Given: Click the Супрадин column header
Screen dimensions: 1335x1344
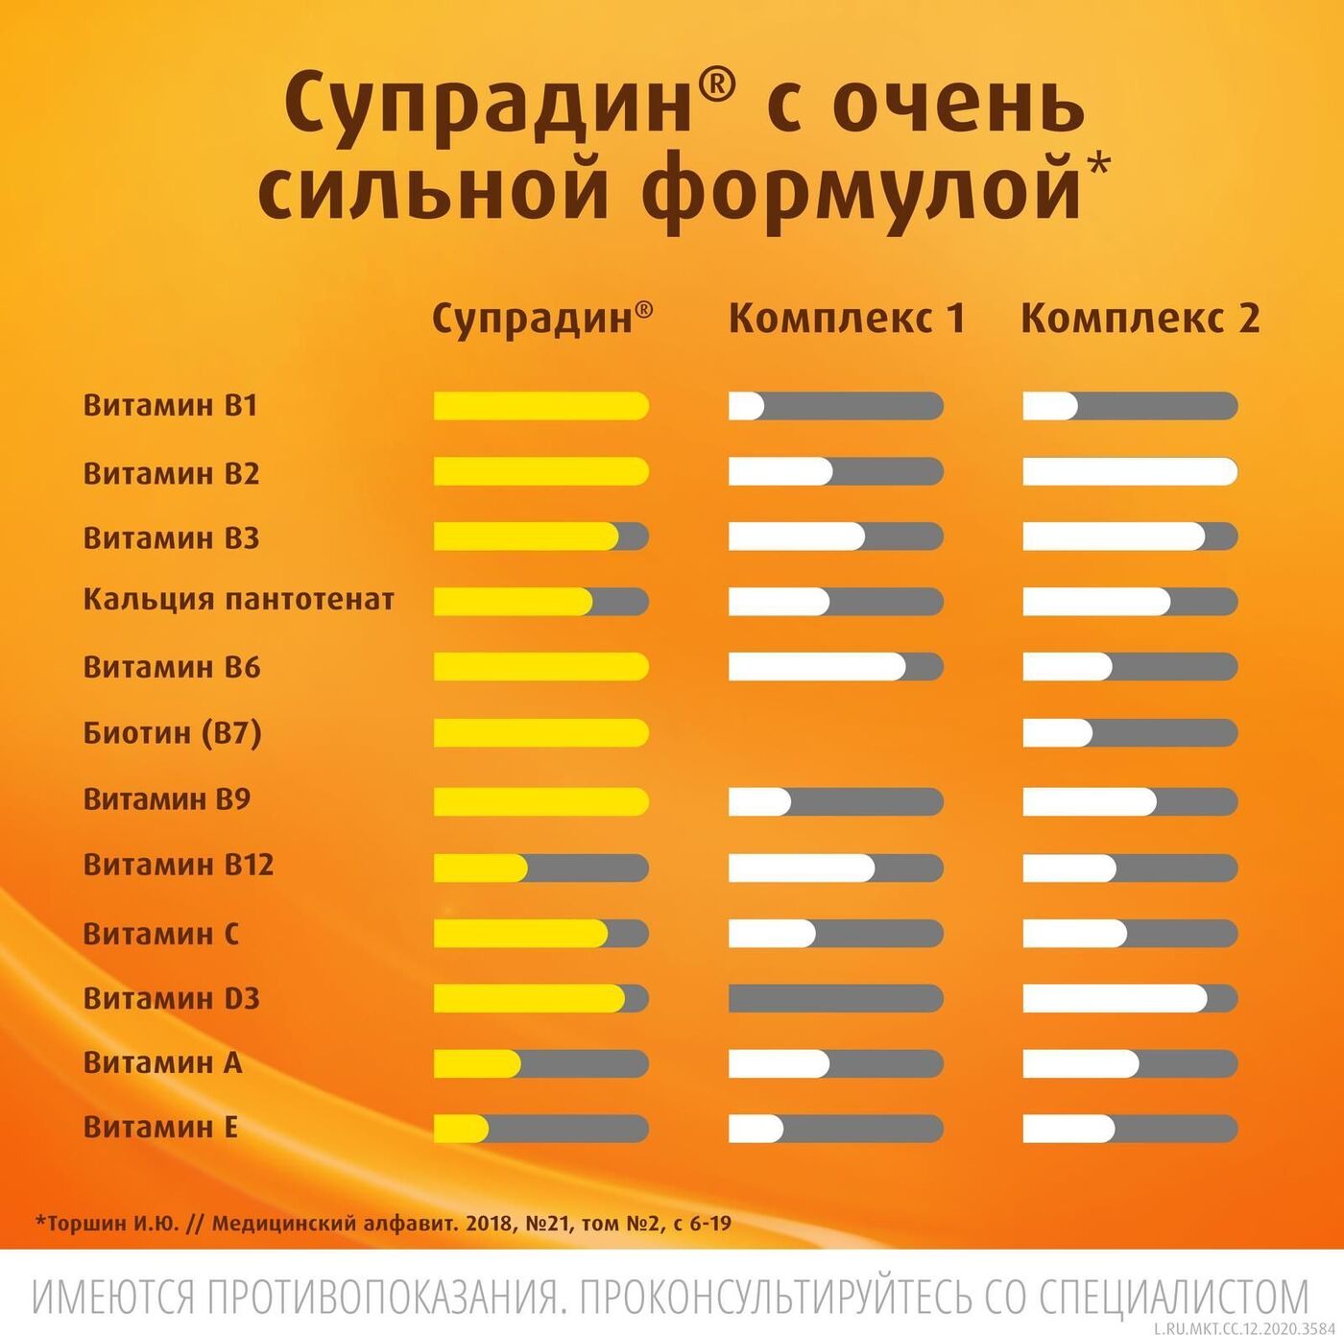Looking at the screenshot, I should [x=542, y=318].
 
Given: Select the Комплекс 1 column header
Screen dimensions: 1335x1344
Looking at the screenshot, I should [x=847, y=318].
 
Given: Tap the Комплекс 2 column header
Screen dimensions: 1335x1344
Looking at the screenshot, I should [x=1140, y=318].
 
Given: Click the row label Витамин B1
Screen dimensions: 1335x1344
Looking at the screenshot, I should [x=171, y=405].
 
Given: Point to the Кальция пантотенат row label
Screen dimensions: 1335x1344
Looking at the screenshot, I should [x=239, y=600].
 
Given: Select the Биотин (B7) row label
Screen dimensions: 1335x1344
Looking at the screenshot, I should [x=173, y=733].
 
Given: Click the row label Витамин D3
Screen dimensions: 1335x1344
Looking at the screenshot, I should [x=172, y=998].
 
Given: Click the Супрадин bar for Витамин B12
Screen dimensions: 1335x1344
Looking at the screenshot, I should [x=541, y=869].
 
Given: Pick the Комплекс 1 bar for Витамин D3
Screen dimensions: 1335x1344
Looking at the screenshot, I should [x=836, y=998].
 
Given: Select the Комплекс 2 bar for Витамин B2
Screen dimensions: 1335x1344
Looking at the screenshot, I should [x=1130, y=472].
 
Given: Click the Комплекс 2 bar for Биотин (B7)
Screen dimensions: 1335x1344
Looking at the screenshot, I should [x=1130, y=733].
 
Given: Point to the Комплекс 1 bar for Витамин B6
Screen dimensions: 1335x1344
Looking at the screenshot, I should [x=836, y=666].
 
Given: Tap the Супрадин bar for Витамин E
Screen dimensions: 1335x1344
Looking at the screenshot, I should [x=541, y=1129].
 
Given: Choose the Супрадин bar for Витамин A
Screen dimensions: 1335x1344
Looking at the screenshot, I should [x=541, y=1063].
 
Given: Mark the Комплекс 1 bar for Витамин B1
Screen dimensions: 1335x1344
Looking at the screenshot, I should [x=836, y=406].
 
